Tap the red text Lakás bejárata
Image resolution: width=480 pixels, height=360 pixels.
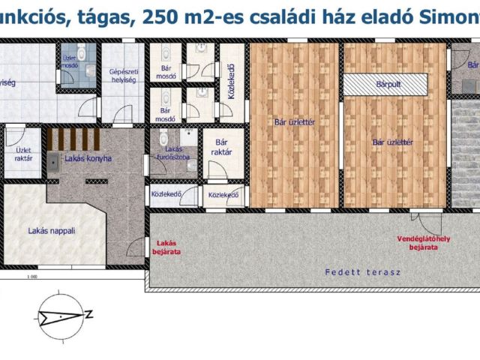click(166, 247)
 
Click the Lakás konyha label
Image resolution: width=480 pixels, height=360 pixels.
click(88, 158)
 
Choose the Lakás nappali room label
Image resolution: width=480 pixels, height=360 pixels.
click(52, 231)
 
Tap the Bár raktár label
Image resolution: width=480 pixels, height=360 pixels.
click(221, 147)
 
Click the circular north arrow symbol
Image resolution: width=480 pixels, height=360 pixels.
click(59, 316)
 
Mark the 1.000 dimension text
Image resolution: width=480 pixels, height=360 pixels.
click(31, 277)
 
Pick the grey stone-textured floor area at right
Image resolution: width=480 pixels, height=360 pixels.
click(465, 154)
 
